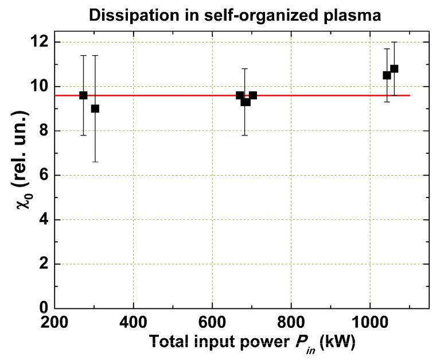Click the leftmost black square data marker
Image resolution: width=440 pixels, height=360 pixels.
[x=83, y=95]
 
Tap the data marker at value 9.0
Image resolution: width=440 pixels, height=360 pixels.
[x=95, y=109]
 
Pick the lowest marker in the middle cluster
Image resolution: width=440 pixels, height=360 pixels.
[x=246, y=102]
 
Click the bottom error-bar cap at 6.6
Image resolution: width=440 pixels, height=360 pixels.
[x=95, y=162]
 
